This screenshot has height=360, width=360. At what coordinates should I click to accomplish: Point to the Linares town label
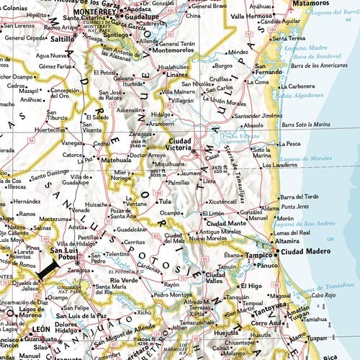coord(178,74)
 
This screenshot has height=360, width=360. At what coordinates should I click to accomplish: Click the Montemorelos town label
coord(168,52)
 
